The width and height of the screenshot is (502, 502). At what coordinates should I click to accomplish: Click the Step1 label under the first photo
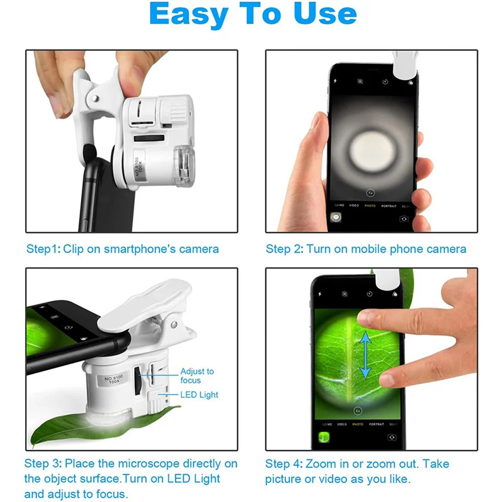click(x=43, y=249)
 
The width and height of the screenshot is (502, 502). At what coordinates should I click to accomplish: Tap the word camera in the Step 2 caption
click(x=446, y=249)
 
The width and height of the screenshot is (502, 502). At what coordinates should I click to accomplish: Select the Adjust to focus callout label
click(x=197, y=376)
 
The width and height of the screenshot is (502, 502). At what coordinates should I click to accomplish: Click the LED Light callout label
click(x=199, y=395)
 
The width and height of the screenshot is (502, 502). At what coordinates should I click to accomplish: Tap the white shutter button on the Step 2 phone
click(x=336, y=217)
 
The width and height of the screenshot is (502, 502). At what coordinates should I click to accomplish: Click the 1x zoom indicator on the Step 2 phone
click(x=370, y=193)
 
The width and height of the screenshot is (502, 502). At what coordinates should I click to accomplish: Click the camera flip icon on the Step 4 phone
click(x=392, y=437)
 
